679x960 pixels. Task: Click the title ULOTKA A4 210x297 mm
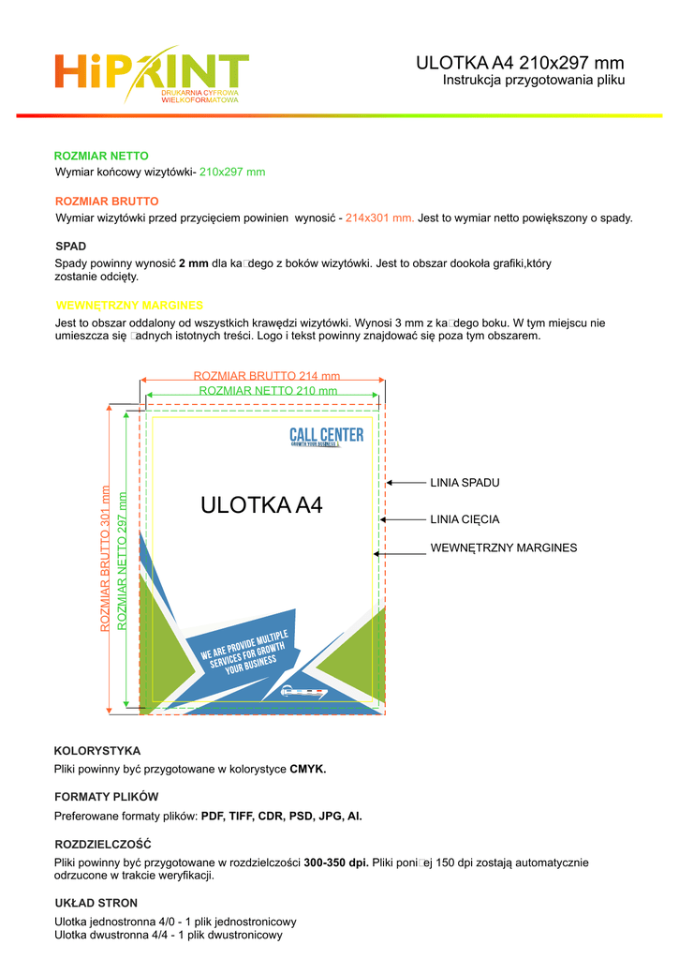pos(520,63)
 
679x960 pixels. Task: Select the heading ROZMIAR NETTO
pos(101,156)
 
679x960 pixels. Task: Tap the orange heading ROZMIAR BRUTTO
pos(107,202)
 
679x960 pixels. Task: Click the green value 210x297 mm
pos(232,172)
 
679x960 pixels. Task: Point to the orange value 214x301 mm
pos(379,218)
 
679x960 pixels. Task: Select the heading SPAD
pos(71,246)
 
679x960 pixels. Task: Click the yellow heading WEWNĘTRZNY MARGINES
pos(129,306)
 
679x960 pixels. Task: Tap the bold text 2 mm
pos(193,263)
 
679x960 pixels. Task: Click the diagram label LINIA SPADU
pos(465,483)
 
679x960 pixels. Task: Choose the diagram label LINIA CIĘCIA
pos(465,519)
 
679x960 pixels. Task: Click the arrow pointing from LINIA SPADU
pos(406,483)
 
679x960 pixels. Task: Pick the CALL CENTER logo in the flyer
pos(326,436)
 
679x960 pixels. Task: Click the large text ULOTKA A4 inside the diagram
pos(261,506)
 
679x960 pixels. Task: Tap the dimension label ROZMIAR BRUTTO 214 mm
pos(266,376)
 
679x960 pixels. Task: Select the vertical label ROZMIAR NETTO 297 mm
pos(122,560)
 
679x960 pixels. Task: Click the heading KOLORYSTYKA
pos(97,751)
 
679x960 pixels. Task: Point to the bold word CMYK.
pos(308,769)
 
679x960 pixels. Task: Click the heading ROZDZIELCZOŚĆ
pos(103,845)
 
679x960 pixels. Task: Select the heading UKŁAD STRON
pos(96,903)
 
